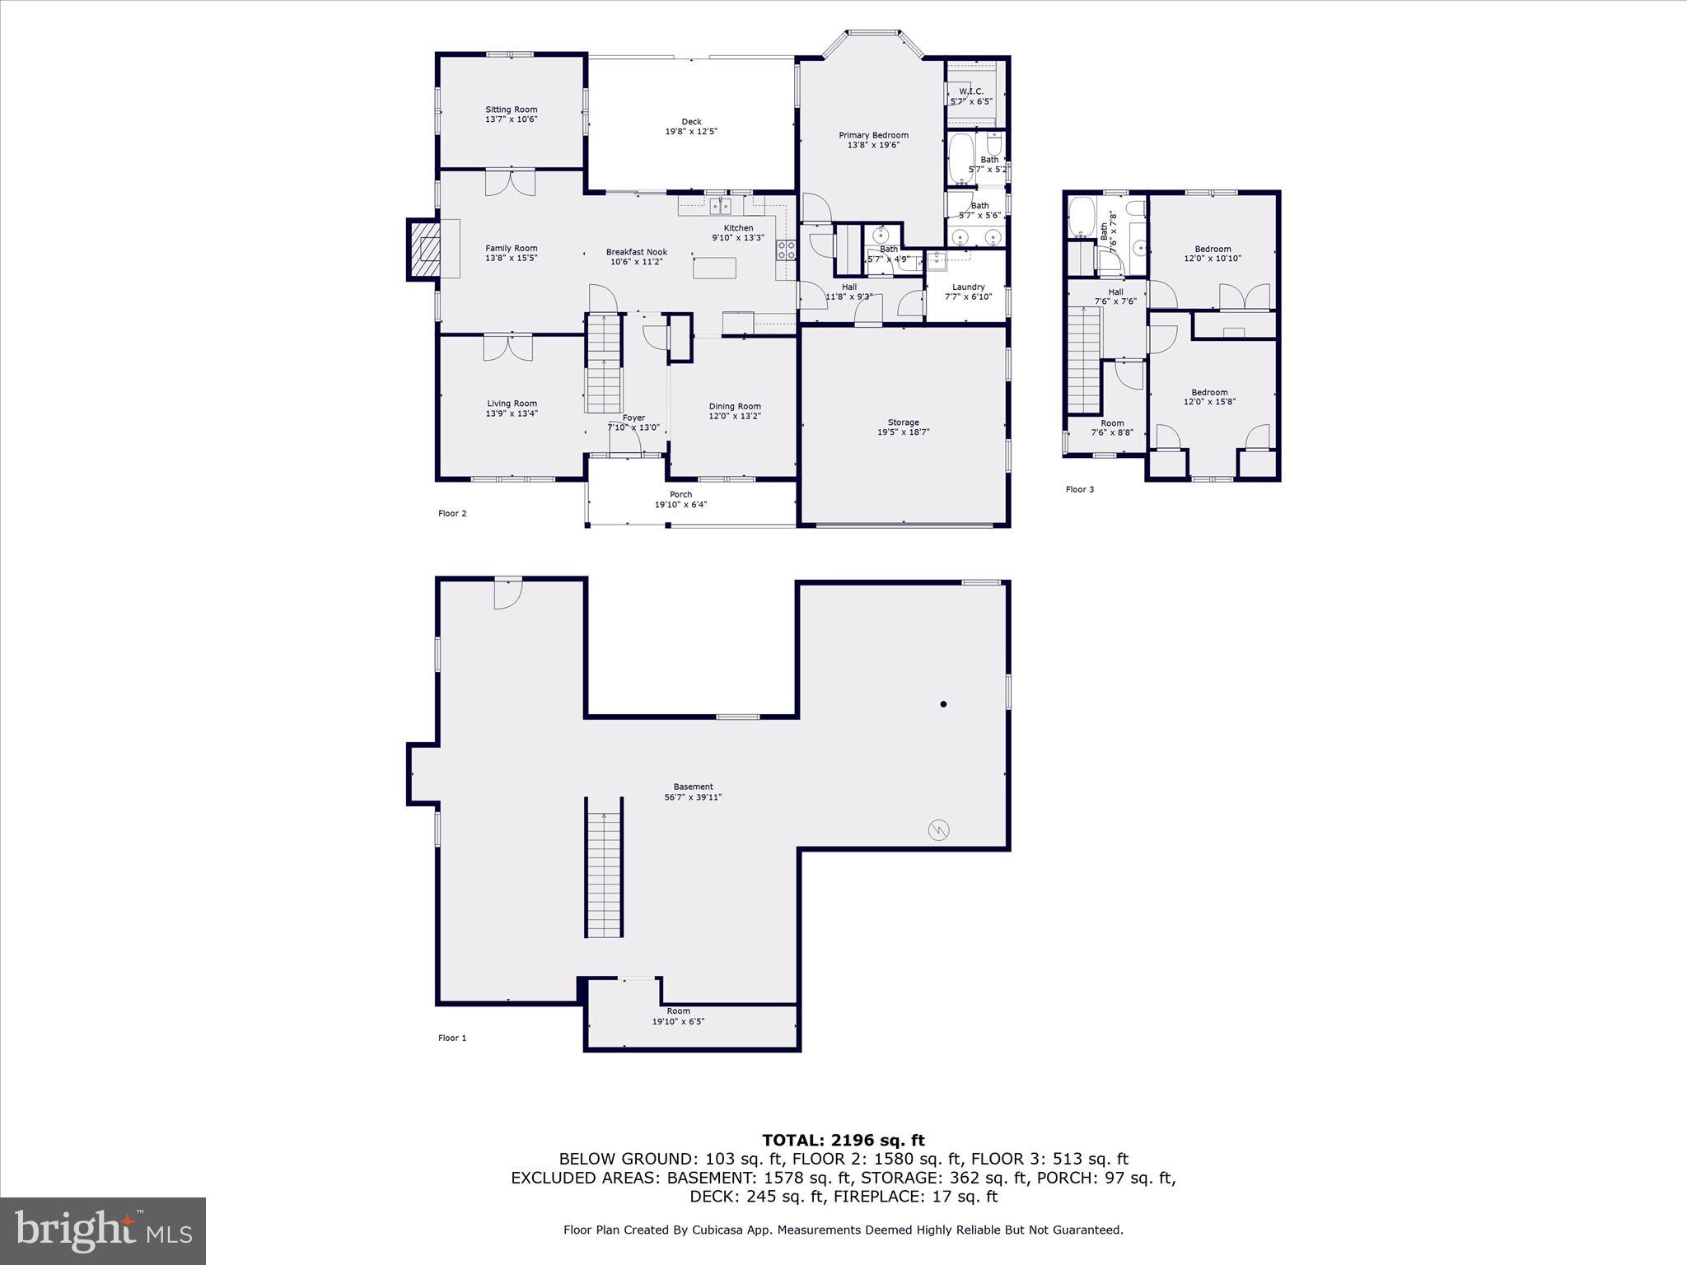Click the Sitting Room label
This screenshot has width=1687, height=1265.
[x=511, y=110]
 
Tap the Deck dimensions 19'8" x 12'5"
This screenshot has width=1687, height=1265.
[x=691, y=132]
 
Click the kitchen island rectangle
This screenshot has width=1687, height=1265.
[x=713, y=268]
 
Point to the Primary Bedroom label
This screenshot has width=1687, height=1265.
[x=873, y=135]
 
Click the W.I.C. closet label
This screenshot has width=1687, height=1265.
[x=971, y=91]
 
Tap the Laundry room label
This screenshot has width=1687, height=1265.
[x=968, y=287]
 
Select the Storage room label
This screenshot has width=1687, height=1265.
[x=903, y=422]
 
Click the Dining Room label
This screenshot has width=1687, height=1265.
[x=735, y=406]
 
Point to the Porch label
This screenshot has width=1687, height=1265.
[x=680, y=495]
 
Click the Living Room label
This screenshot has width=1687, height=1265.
[x=512, y=404]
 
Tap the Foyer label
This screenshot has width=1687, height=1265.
[x=633, y=418]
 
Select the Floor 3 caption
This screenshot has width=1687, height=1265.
[x=1079, y=489]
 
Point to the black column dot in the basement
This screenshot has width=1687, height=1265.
[x=943, y=704]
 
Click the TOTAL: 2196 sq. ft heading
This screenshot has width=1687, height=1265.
[x=843, y=1140]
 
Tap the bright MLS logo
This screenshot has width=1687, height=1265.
[x=103, y=1230]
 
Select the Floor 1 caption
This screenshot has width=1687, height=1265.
[x=452, y=1038]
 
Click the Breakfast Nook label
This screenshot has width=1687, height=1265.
[x=636, y=252]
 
